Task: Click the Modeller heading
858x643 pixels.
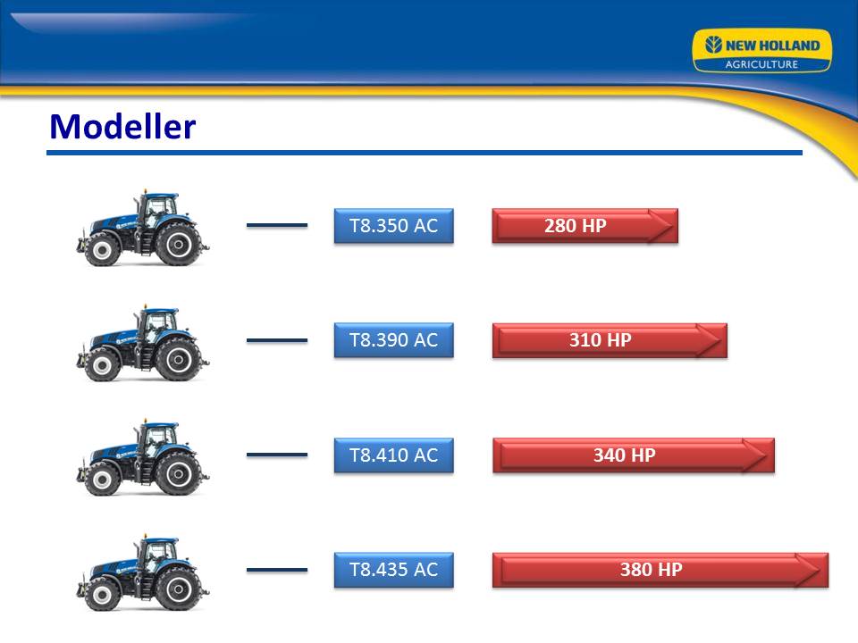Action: [x=122, y=126]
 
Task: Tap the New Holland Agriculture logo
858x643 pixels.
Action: [x=761, y=51]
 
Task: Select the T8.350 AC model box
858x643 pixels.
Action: [x=394, y=226]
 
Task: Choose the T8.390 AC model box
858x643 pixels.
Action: [x=394, y=340]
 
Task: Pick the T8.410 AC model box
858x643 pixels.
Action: [x=394, y=455]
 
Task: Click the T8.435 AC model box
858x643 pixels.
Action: [x=394, y=570]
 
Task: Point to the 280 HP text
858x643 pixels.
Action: [x=575, y=226]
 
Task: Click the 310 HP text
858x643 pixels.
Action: [x=601, y=340]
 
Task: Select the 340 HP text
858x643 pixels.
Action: [x=625, y=455]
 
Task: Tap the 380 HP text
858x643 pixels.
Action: [x=652, y=570]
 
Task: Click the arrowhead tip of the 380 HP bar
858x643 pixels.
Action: [x=822, y=571]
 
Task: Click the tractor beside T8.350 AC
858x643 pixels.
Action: [x=142, y=228]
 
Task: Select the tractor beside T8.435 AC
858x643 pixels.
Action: [x=142, y=572]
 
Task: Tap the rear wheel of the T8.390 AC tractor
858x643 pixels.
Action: [x=178, y=359]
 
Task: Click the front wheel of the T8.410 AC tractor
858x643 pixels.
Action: [x=102, y=480]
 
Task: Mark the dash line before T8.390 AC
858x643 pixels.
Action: [x=277, y=340]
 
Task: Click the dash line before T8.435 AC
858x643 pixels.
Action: [x=277, y=570]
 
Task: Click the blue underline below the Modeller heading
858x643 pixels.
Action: [x=425, y=153]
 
